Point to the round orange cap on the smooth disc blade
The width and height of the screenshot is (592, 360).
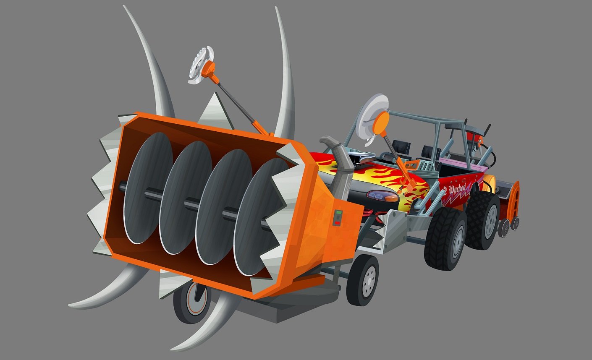pyautogui.click(x=380, y=123)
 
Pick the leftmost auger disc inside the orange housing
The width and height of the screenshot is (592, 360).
pyautogui.click(x=148, y=187)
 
